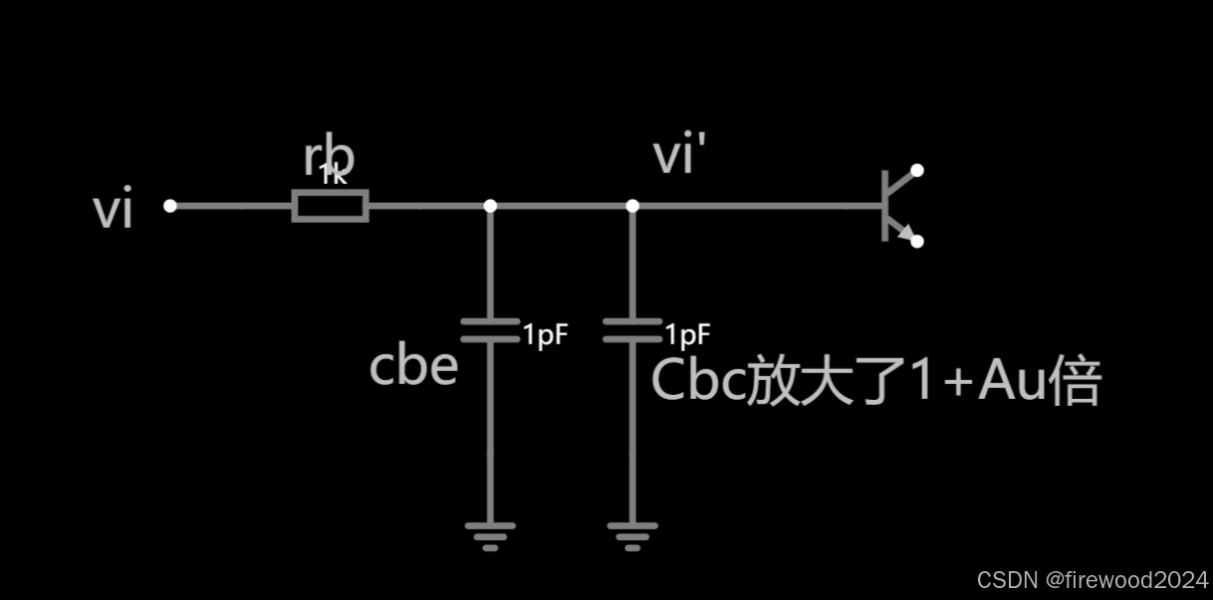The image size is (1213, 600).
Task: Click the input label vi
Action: click(x=113, y=212)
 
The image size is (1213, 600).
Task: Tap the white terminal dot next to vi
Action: click(x=170, y=206)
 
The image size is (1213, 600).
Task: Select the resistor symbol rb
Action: click(x=331, y=206)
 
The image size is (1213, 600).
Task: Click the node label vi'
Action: click(x=686, y=157)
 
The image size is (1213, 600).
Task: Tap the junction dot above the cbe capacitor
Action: click(x=490, y=206)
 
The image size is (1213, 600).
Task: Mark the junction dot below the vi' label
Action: click(x=632, y=206)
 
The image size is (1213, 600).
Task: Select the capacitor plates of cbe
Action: click(x=490, y=330)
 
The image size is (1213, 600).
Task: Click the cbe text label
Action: click(x=413, y=366)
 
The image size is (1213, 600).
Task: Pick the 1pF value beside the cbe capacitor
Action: click(x=545, y=334)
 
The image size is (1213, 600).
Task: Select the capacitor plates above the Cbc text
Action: click(x=632, y=330)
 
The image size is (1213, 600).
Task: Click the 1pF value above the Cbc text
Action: click(x=688, y=333)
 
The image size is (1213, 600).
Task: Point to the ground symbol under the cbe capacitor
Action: click(x=490, y=535)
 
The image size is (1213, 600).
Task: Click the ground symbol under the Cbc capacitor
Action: click(x=632, y=535)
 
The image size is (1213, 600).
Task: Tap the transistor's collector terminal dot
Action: click(x=917, y=170)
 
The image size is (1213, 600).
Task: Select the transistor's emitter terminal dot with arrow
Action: click(x=917, y=241)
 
